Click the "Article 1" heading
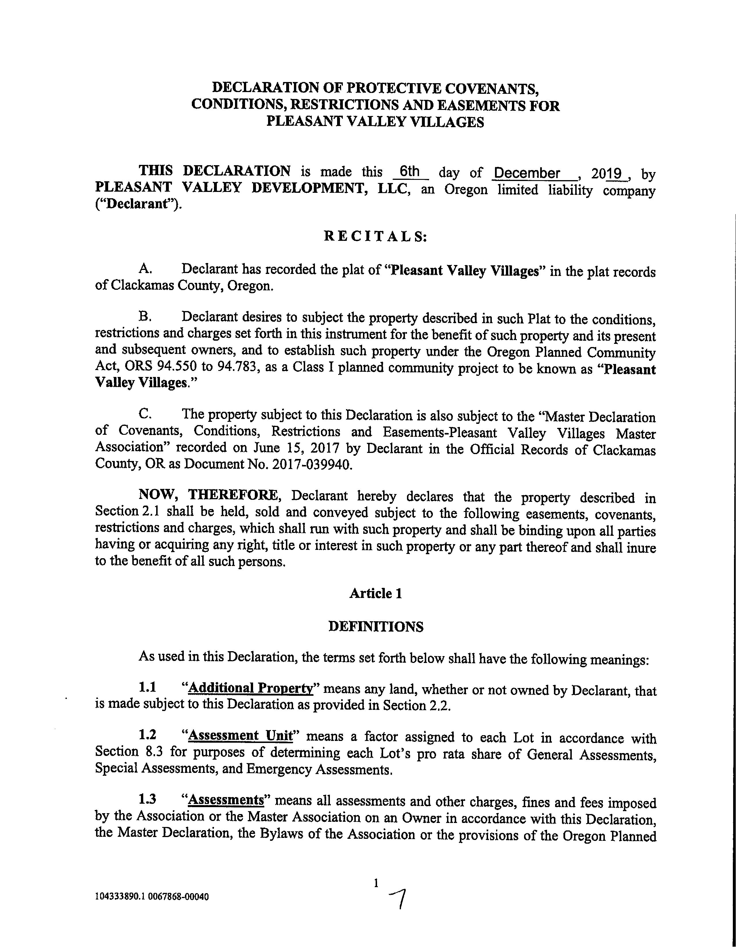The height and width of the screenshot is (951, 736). pyautogui.click(x=375, y=594)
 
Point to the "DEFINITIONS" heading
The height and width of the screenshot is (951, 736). pyautogui.click(x=375, y=627)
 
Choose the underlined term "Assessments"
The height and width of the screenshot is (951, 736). pyautogui.click(x=226, y=800)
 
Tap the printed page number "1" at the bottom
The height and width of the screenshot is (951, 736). pyautogui.click(x=376, y=883)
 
